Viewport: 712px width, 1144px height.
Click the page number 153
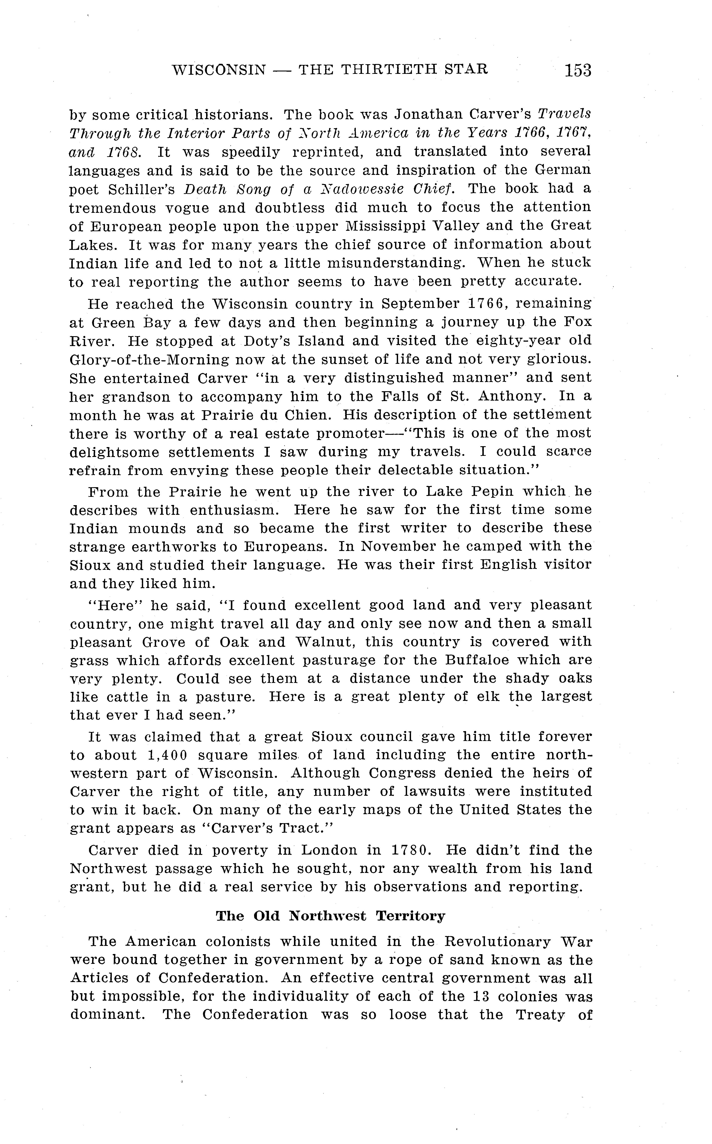(x=578, y=70)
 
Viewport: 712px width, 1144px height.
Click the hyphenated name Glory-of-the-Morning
(x=149, y=360)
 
